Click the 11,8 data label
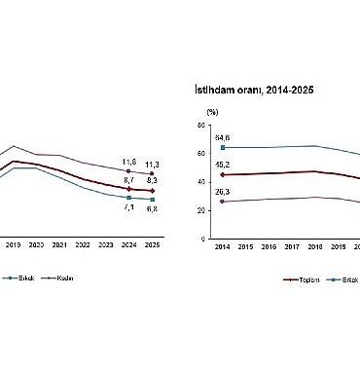click(x=128, y=161)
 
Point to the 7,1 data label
click(x=128, y=206)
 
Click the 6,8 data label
click(x=153, y=208)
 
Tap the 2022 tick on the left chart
click(x=83, y=247)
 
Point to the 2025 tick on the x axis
click(x=153, y=247)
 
